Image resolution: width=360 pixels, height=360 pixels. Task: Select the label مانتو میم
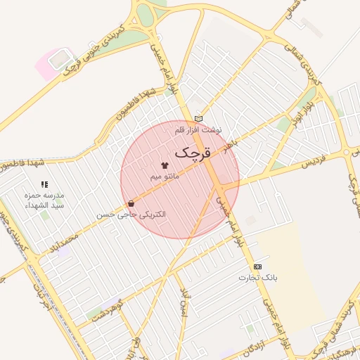pyautogui.click(x=165, y=176)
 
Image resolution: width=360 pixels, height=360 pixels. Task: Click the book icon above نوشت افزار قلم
pyautogui.click(x=198, y=119)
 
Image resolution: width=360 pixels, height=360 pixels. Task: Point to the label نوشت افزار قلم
pyautogui.click(x=198, y=130)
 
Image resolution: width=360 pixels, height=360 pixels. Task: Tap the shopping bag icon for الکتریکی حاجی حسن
pyautogui.click(x=131, y=203)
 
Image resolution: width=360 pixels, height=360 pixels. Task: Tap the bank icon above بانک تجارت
pyautogui.click(x=257, y=266)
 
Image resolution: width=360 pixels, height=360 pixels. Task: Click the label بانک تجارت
pyautogui.click(x=266, y=278)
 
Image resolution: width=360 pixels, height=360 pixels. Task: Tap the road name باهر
pyautogui.click(x=231, y=144)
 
